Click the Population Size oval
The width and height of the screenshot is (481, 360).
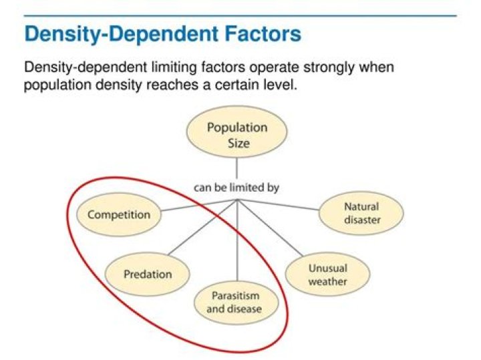tap(236, 134)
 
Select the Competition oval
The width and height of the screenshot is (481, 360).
tap(119, 214)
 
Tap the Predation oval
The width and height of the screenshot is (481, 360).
tap(148, 274)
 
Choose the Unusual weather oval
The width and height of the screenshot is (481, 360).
tap(327, 275)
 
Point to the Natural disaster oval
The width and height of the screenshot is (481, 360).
tap(361, 214)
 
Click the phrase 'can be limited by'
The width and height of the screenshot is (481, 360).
tap(236, 188)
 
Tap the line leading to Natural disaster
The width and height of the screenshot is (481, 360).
tap(281, 204)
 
